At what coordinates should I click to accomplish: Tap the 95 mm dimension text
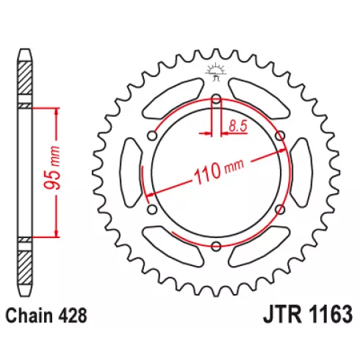tap(52, 168)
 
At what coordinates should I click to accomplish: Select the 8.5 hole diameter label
tap(238, 126)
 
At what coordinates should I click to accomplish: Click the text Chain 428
tap(46, 316)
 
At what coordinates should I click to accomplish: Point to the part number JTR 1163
tap(308, 314)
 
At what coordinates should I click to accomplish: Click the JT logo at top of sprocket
tap(215, 71)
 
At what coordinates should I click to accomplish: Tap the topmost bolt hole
tap(216, 99)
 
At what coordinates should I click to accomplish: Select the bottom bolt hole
tap(216, 246)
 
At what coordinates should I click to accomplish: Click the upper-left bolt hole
tap(152, 135)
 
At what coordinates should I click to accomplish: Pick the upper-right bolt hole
tap(280, 135)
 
